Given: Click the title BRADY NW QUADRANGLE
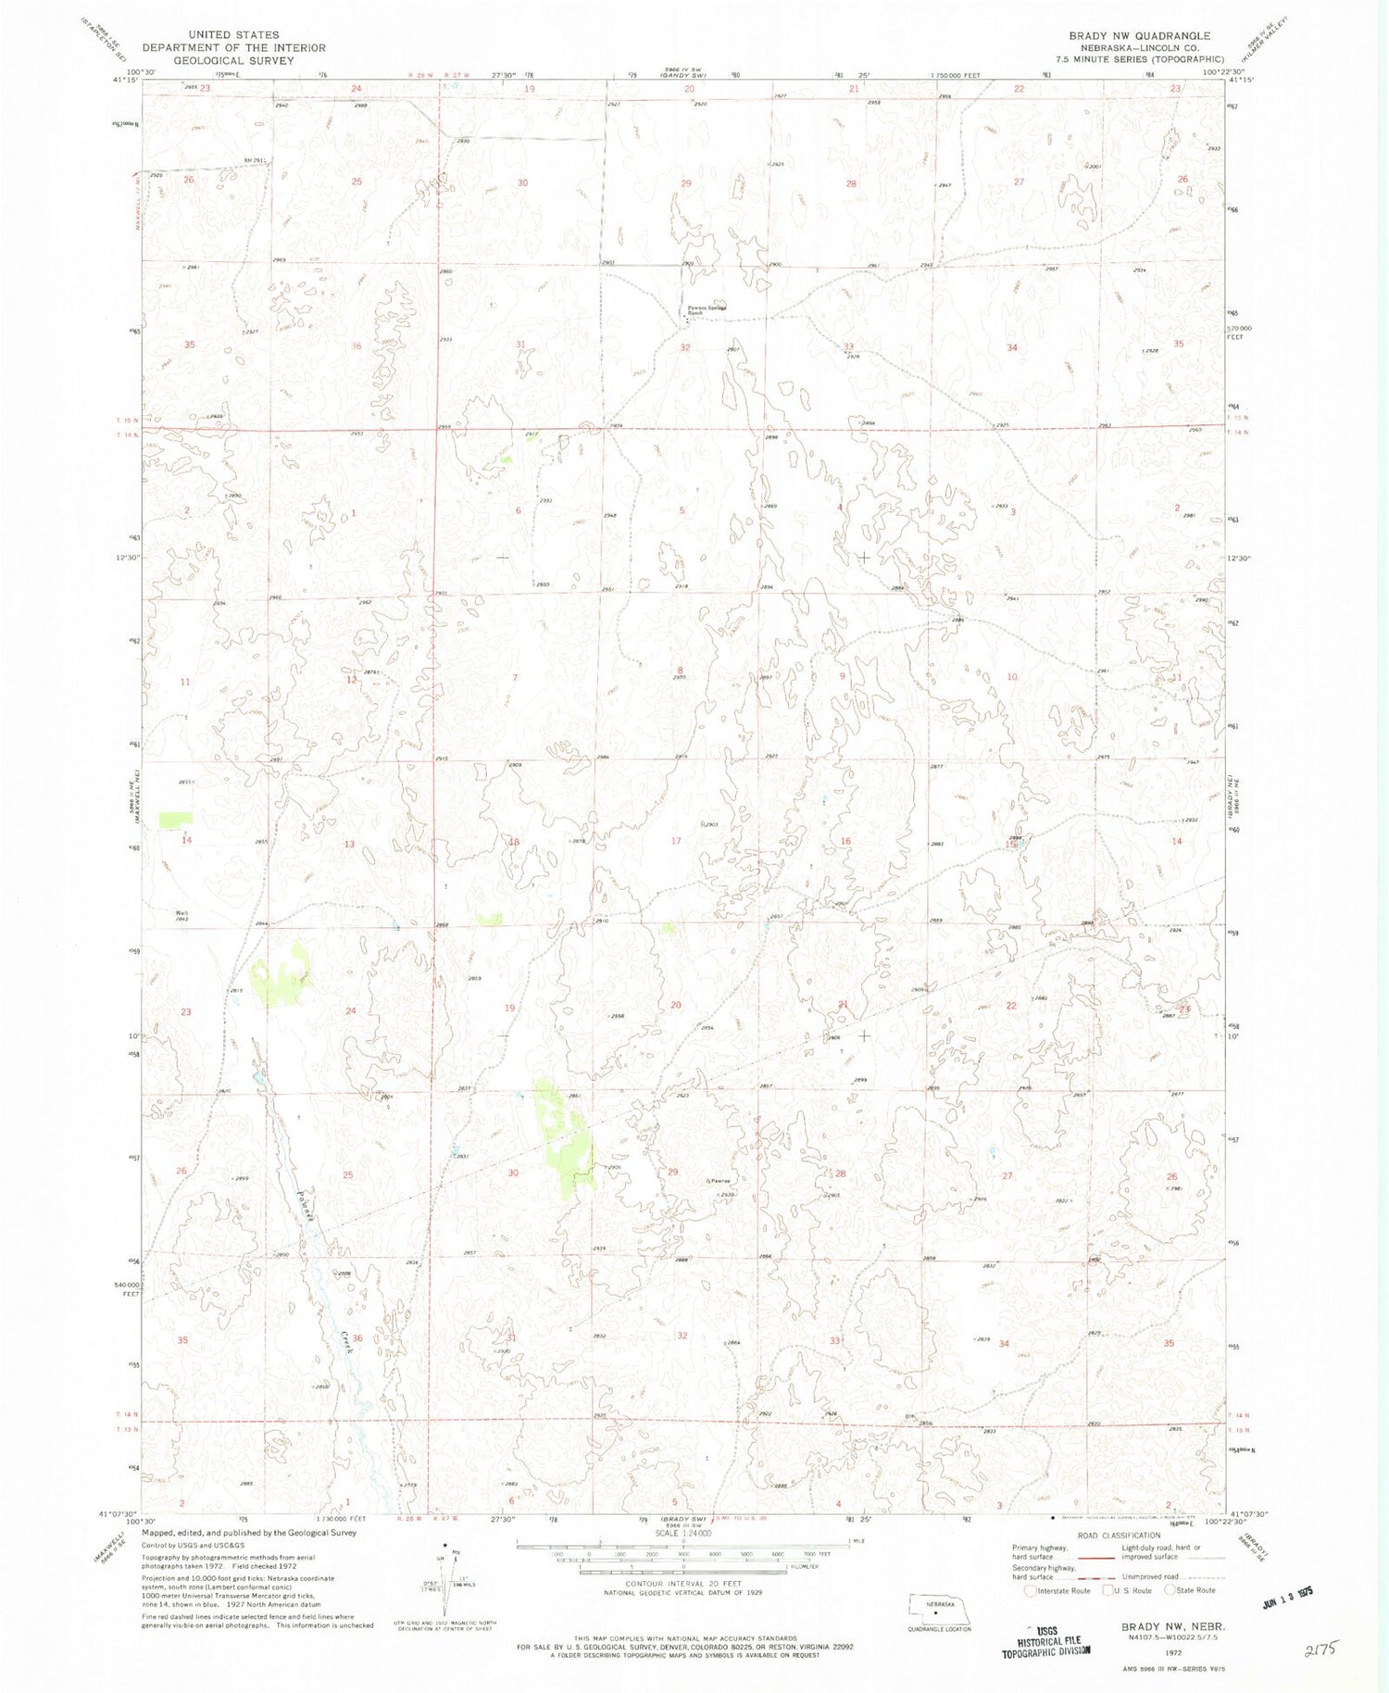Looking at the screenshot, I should [1139, 36].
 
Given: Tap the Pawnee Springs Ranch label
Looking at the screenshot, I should [706, 310].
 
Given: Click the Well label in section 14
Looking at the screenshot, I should [182, 913].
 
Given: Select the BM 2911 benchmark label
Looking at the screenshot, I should [254, 160].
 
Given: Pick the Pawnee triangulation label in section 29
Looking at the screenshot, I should [720, 1181].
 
